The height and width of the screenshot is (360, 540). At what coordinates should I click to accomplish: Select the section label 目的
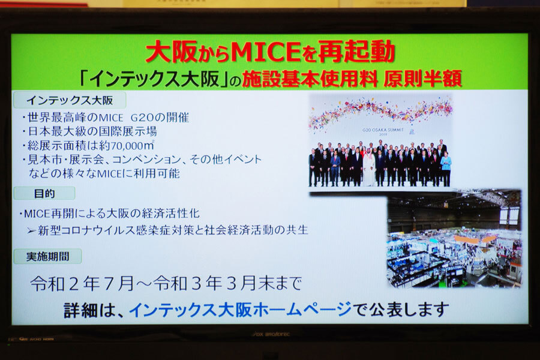pos(44,194)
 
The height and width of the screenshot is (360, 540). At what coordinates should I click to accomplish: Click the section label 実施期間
pos(48,256)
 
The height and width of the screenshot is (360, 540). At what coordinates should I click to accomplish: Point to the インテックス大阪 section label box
pos(70,100)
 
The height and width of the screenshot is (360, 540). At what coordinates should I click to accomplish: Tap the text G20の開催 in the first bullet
pos(160,118)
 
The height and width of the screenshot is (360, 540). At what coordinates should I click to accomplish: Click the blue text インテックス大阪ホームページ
pos(241,310)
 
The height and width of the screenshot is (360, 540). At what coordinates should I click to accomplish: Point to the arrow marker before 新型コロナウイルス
pos(32,230)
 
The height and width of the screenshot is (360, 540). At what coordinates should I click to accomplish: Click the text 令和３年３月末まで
pos(227,284)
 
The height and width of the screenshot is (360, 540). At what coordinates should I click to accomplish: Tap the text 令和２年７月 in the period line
pos(82,284)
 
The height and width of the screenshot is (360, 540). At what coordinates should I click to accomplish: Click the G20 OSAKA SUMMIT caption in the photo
pos(383,131)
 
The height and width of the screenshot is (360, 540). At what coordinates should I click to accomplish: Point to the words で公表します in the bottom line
pos(401,310)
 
